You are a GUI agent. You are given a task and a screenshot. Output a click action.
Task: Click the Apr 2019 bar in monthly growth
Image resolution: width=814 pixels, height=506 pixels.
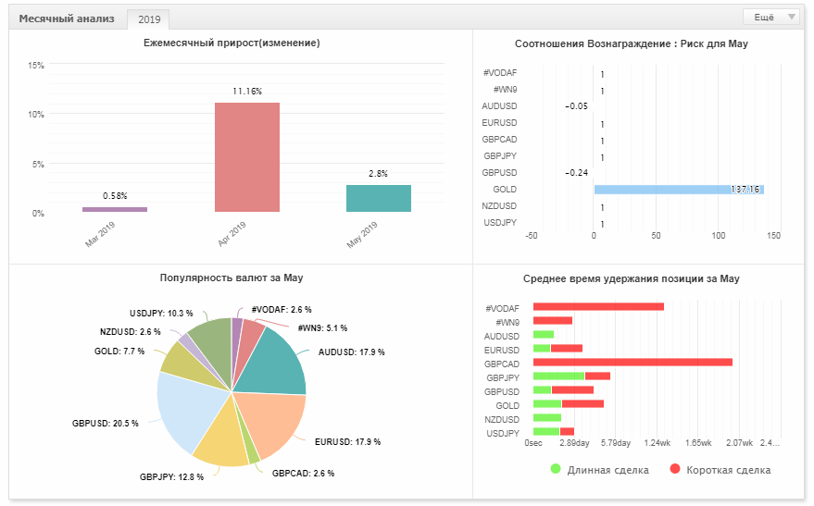(247, 157)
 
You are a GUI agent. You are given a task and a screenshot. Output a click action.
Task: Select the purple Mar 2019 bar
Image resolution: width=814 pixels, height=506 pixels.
(115, 209)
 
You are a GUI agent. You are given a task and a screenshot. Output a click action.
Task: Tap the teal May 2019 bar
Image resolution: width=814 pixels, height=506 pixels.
(379, 198)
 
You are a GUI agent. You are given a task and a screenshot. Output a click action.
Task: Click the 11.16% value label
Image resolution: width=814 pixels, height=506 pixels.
(247, 92)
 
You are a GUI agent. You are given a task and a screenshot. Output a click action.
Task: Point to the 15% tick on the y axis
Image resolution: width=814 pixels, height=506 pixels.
(36, 66)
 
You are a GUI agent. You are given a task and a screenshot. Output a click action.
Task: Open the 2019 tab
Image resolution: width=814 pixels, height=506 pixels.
(149, 19)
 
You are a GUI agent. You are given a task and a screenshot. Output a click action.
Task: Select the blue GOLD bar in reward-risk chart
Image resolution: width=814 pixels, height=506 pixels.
(679, 190)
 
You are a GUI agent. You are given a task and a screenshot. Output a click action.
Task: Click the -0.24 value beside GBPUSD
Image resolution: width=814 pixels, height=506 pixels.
(576, 173)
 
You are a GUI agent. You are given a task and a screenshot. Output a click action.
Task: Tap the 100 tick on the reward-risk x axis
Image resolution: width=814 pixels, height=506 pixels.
(718, 236)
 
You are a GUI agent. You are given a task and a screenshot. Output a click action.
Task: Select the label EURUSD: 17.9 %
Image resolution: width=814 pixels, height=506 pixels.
(348, 442)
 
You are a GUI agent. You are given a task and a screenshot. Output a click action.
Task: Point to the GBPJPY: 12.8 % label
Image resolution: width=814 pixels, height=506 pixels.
(172, 477)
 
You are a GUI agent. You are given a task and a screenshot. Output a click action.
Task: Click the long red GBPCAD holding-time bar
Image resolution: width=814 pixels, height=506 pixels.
(632, 363)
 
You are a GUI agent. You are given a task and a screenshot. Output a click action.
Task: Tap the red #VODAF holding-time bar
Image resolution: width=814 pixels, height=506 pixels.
(598, 307)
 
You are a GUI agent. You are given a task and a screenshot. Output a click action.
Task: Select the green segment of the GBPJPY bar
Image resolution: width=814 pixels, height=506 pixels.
(558, 376)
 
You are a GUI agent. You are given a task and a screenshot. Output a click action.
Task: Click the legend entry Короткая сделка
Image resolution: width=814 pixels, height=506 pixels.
(720, 470)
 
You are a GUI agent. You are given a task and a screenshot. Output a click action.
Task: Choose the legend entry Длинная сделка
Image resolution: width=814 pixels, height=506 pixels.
(599, 470)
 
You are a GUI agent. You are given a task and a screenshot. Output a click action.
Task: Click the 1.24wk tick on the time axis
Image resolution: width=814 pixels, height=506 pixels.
(657, 443)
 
